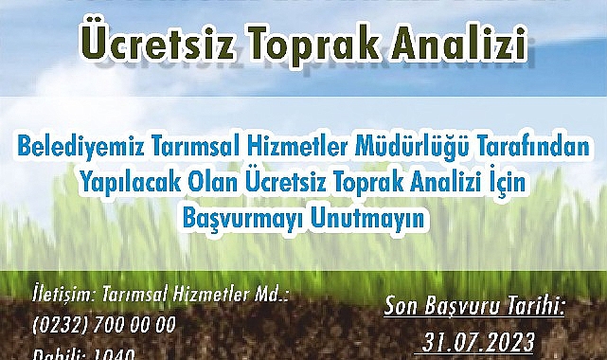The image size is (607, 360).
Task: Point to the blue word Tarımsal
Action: tap(200, 149)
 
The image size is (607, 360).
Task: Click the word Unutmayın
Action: tap(367, 217)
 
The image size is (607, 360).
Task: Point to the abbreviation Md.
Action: tap(273, 295)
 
